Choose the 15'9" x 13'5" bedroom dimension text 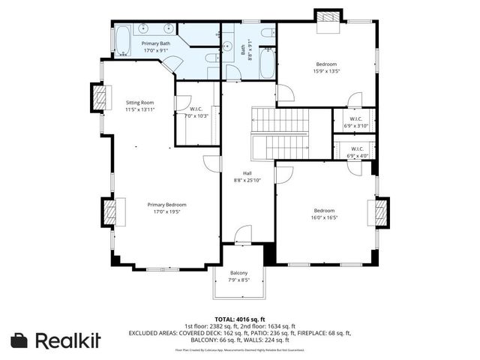coord(326,72)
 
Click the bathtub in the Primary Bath coord(121,40)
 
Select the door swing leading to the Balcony coord(243,235)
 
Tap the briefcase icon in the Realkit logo coord(21,340)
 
